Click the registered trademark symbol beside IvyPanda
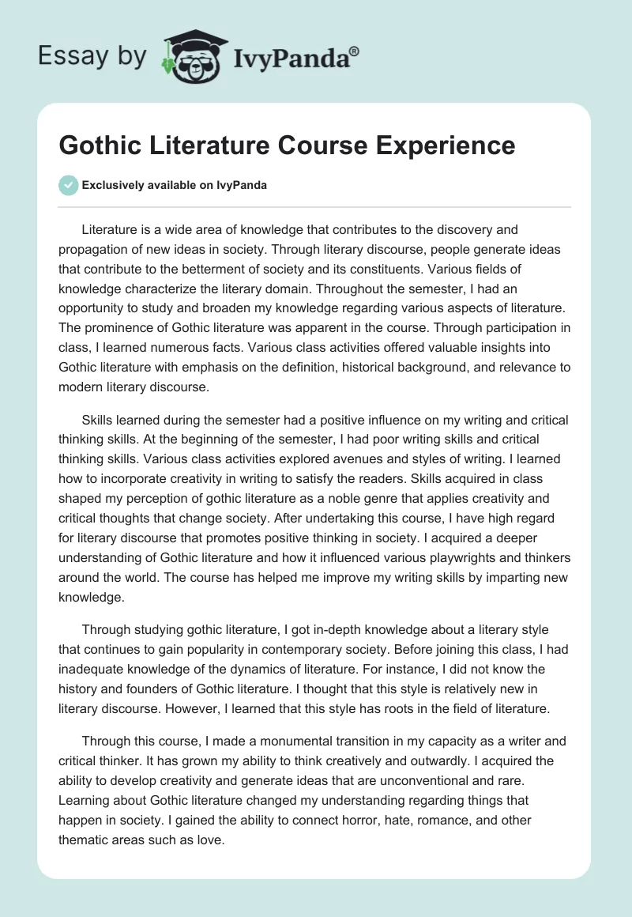[354, 51]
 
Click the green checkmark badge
[68, 185]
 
